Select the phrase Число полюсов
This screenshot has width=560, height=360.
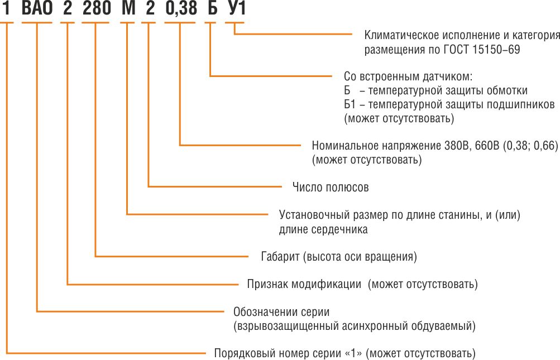331,188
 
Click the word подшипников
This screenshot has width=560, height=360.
525,105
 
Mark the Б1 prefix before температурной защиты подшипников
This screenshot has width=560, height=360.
350,105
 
